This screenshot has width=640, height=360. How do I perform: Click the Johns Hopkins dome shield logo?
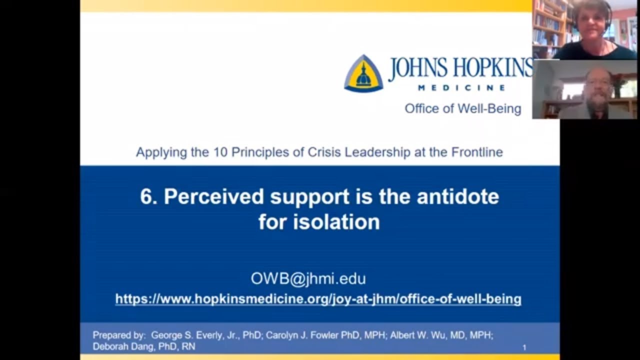click(363, 73)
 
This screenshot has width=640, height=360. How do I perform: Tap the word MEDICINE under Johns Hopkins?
click(461, 88)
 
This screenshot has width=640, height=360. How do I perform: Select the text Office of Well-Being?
click(462, 108)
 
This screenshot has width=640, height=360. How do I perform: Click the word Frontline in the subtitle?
click(477, 152)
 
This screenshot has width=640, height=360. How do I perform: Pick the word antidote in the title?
click(457, 196)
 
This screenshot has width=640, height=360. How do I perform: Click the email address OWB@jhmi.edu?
click(308, 278)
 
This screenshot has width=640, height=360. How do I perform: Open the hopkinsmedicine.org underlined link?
click(318, 299)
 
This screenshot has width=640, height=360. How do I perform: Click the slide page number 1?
click(524, 347)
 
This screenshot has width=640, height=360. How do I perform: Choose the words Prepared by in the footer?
click(119, 335)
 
